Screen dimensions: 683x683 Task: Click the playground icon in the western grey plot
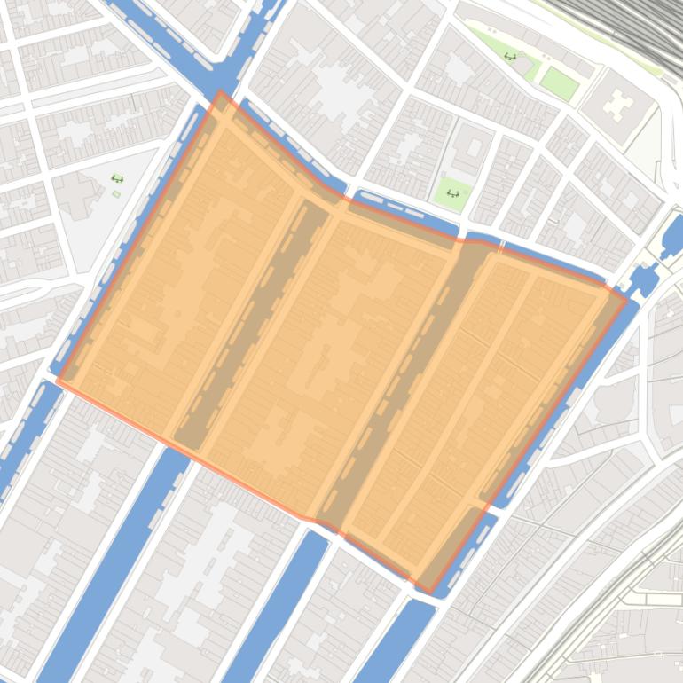(x=117, y=178)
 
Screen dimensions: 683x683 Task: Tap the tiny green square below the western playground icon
(x=116, y=193)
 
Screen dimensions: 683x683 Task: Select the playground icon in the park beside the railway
(x=510, y=57)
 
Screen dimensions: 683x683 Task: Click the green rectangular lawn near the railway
(x=559, y=82)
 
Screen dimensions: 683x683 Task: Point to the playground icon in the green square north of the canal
(x=452, y=192)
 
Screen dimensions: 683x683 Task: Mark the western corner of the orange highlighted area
(x=58, y=381)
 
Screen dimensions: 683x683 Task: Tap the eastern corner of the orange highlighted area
(x=626, y=300)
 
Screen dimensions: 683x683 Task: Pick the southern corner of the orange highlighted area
(x=428, y=592)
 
